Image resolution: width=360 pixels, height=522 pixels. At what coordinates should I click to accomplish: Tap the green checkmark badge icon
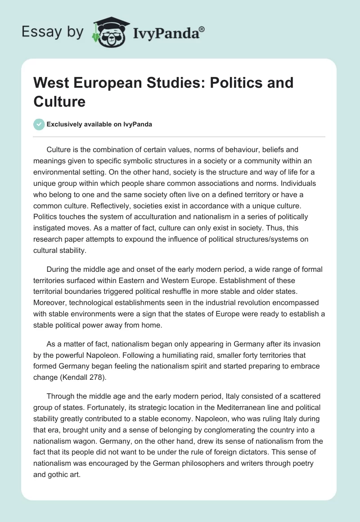pyautogui.click(x=39, y=124)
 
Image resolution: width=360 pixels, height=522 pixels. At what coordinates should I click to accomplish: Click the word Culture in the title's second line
pyautogui.click(x=59, y=101)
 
